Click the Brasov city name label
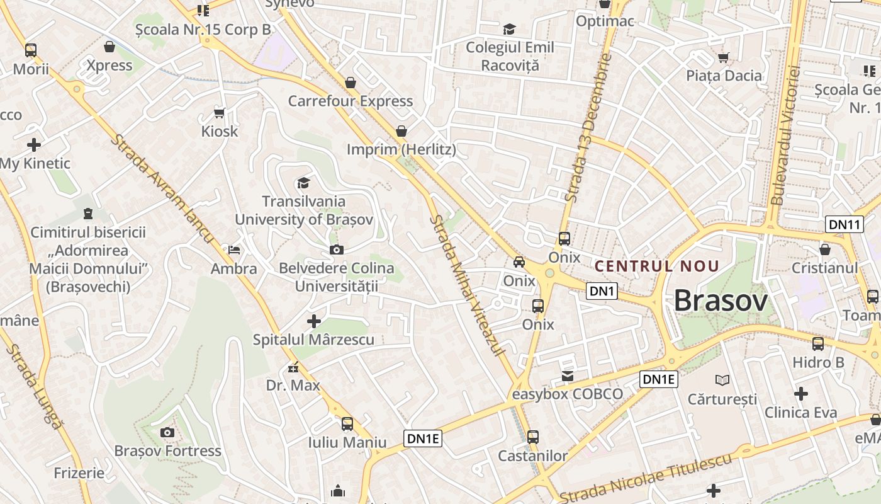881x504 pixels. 721,301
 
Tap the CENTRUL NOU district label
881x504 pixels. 656,266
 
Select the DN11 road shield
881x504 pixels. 844,224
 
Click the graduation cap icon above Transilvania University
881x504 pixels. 303,183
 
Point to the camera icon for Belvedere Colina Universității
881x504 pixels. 337,250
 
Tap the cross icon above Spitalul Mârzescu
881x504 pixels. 313,322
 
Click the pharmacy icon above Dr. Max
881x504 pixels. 293,367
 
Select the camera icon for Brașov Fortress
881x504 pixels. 167,432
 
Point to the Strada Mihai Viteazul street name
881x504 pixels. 466,285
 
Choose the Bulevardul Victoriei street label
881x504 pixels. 785,135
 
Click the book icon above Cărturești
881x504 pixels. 722,380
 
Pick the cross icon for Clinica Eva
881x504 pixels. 800,394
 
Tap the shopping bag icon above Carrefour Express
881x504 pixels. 351,83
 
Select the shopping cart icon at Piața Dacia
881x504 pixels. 724,57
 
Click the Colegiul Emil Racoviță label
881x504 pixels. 510,56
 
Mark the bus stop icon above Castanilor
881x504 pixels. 533,437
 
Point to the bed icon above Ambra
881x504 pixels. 234,250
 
